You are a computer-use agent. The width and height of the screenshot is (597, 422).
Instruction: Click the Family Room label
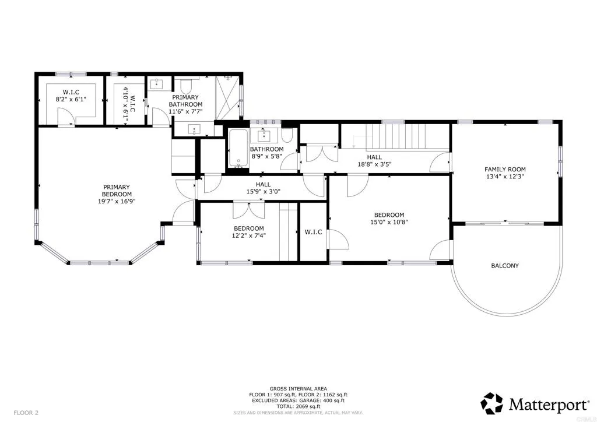(x=505, y=170)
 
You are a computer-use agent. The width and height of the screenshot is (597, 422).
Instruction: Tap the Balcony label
(x=505, y=266)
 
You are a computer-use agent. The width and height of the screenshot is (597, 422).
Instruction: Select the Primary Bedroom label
(x=117, y=191)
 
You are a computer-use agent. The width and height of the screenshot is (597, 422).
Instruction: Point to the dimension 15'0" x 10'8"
(x=389, y=222)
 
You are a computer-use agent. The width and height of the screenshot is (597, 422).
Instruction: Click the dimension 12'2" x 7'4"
(x=248, y=235)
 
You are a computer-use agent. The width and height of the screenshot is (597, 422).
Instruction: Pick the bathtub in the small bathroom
(x=238, y=149)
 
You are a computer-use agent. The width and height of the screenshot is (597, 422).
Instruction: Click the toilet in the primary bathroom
(x=187, y=86)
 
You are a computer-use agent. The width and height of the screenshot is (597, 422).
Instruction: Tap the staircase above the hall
(x=396, y=137)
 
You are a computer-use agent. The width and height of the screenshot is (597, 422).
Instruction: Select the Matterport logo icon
(x=492, y=403)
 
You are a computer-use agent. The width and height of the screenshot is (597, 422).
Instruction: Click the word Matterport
(x=548, y=405)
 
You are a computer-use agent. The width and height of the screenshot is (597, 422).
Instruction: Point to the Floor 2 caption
(x=26, y=413)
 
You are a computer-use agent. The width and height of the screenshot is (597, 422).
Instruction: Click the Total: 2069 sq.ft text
(x=298, y=406)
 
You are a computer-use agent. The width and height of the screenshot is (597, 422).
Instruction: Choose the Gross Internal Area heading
(x=298, y=389)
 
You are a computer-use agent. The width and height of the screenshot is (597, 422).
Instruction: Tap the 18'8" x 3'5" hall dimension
(x=374, y=164)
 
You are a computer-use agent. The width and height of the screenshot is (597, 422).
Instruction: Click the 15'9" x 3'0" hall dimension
(x=263, y=192)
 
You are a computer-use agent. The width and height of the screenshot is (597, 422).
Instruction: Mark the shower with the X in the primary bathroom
(x=227, y=98)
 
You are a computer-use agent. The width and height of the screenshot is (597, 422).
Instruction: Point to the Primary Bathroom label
(x=185, y=101)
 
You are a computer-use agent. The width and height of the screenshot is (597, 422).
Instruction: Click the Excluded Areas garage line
(x=298, y=400)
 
